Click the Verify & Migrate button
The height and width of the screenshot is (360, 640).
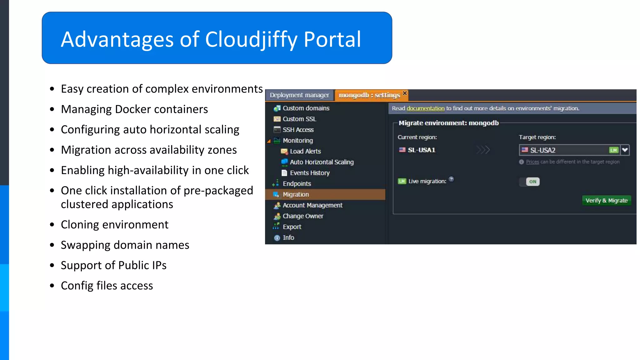pyautogui.click(x=606, y=201)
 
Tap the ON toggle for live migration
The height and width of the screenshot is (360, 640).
pyautogui.click(x=532, y=182)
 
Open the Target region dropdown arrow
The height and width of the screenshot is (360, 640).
pyautogui.click(x=625, y=150)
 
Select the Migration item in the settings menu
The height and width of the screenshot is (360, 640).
pyautogui.click(x=296, y=194)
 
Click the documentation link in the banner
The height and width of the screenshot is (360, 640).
pyautogui.click(x=425, y=108)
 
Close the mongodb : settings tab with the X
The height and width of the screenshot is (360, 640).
pyautogui.click(x=405, y=93)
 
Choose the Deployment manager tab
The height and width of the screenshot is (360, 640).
pyautogui.click(x=299, y=95)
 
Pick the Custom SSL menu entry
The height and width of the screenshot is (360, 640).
pyautogui.click(x=299, y=119)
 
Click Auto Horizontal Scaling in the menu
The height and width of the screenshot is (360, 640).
pyautogui.click(x=322, y=162)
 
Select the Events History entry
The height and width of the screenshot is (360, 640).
pyautogui.click(x=309, y=173)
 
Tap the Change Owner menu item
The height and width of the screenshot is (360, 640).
pyautogui.click(x=303, y=216)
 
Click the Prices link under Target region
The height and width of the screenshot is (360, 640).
pyautogui.click(x=532, y=162)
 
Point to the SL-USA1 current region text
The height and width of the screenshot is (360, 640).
pyautogui.click(x=421, y=150)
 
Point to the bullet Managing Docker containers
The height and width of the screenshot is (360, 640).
pyautogui.click(x=134, y=109)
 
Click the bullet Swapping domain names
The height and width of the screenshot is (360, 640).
pyautogui.click(x=125, y=245)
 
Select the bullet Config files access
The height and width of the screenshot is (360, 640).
pyautogui.click(x=107, y=286)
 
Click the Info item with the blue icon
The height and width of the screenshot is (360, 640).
pyautogui.click(x=288, y=237)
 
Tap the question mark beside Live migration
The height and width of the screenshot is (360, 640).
pyautogui.click(x=451, y=179)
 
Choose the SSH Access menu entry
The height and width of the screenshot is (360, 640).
pyautogui.click(x=298, y=130)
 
